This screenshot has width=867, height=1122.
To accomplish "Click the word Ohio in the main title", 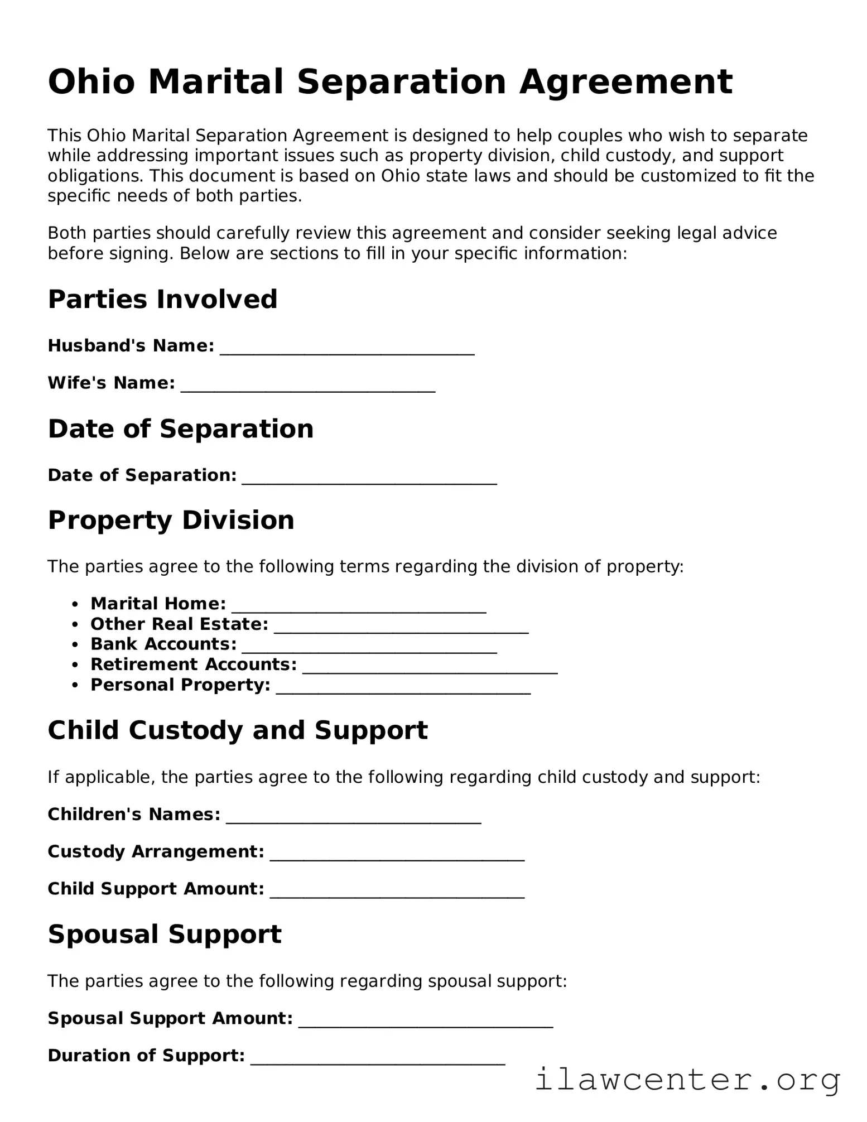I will (x=91, y=82).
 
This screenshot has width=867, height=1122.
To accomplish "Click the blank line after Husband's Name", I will (x=347, y=349).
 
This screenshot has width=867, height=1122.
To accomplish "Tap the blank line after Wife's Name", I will (x=308, y=387).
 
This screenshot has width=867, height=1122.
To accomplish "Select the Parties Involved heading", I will (x=162, y=299).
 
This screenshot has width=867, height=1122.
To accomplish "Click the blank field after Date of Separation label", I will (x=369, y=479).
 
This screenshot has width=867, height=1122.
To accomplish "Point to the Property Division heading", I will (x=171, y=520).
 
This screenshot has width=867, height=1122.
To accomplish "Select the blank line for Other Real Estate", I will (x=401, y=628).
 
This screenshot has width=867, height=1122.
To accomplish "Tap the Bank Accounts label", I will (x=163, y=644).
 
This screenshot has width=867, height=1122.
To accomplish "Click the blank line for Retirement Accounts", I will (x=430, y=668).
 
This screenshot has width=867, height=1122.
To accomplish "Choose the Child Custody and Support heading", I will (x=238, y=730).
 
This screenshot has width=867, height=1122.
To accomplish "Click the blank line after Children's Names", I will (x=354, y=818).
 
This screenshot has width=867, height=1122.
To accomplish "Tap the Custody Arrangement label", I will (x=156, y=851).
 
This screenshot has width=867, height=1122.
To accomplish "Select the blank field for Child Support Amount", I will (x=397, y=893).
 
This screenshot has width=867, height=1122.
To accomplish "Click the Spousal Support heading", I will (x=165, y=934).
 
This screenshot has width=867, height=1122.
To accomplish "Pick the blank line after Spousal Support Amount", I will (x=426, y=1022).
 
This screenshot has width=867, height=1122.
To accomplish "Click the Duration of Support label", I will (x=146, y=1056).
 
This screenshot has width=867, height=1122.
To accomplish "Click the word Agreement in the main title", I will (x=625, y=82).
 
